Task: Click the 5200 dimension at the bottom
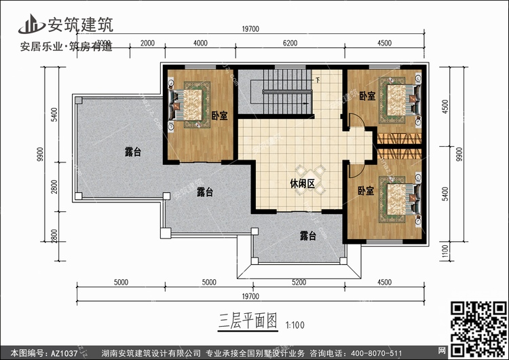point(298,282)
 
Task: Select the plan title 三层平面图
point(248,321)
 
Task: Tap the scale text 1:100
point(295,324)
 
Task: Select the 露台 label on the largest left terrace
point(133,152)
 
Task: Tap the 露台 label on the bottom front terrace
point(308,236)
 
